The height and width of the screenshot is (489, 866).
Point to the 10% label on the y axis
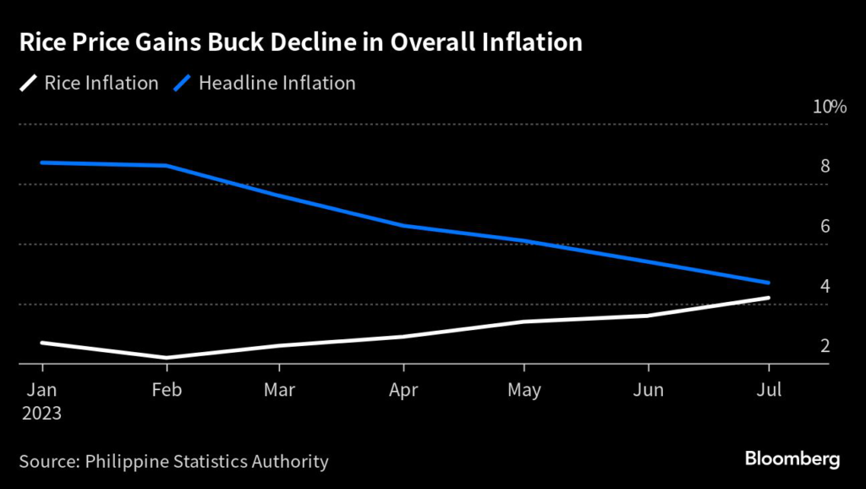coord(829,107)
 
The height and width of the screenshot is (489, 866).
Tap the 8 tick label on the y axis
coord(824,167)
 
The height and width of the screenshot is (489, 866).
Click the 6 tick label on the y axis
coord(824,226)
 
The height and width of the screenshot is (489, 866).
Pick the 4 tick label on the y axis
coord(824,286)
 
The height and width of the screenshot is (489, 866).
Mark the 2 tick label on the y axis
coord(824,346)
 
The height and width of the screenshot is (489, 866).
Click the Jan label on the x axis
coord(42,390)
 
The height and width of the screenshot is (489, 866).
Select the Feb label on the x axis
coord(167,390)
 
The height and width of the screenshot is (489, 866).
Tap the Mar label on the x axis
coord(280,390)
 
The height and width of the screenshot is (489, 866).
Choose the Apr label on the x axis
coord(404,390)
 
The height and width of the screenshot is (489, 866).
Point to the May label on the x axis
coord(524,390)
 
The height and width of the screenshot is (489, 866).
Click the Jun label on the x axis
coord(648,390)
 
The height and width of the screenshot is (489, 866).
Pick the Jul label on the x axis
coord(768,390)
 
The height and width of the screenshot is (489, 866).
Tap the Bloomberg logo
coord(792,459)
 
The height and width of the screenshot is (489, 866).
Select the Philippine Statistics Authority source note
coord(173,461)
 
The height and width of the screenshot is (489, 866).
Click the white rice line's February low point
coord(167,358)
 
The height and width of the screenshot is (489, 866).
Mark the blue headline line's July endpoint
coord(768,283)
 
